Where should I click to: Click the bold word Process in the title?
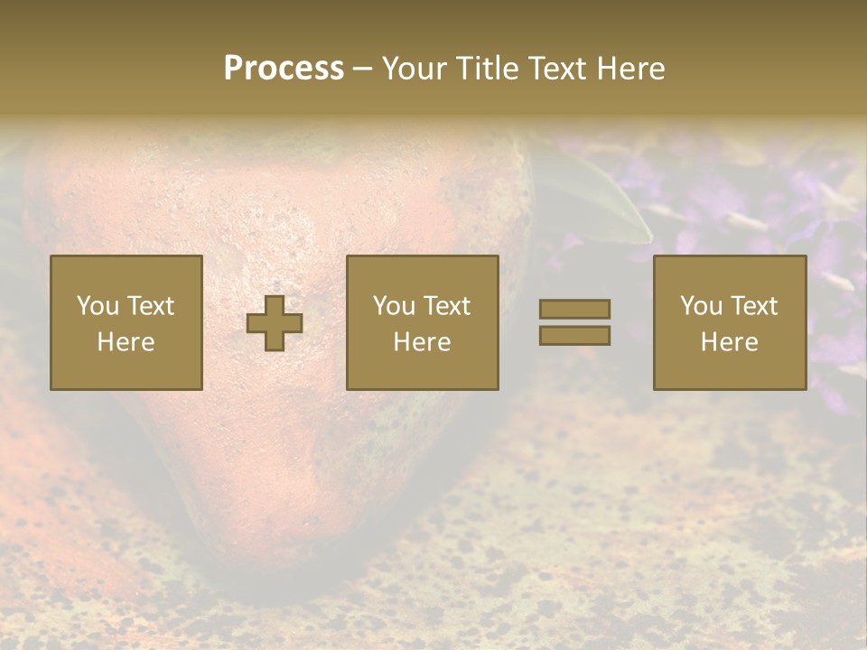284,69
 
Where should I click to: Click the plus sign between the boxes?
275,322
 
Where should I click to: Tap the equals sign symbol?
574,322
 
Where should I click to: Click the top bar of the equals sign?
574,310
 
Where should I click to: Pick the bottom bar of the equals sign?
574,335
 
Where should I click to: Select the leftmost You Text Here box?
126,322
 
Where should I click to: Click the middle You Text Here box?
423,322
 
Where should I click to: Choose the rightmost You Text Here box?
730,322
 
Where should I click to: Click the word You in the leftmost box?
97,306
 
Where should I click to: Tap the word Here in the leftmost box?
126,342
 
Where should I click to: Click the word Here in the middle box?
423,342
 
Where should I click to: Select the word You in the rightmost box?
700,306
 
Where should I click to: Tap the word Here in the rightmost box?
730,342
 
